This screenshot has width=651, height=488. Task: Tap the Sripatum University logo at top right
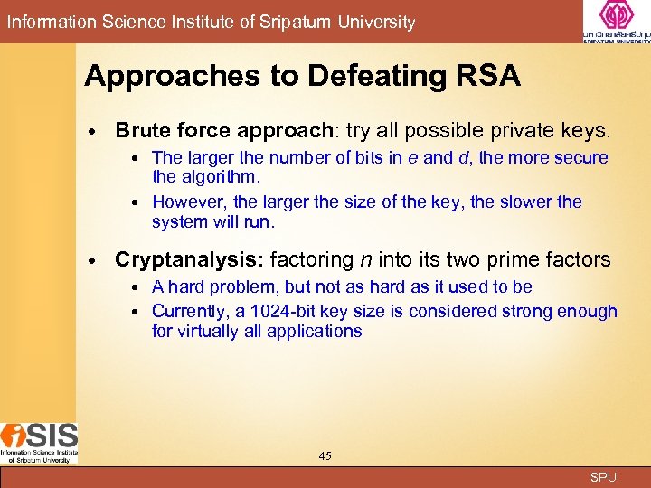(617, 22)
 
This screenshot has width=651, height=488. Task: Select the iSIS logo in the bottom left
(39, 443)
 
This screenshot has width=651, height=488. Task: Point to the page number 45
(325, 455)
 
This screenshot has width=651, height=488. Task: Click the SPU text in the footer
(602, 477)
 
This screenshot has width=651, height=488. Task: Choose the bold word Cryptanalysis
(186, 260)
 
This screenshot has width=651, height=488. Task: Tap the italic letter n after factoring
(365, 260)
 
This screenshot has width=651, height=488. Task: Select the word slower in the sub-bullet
(527, 202)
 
